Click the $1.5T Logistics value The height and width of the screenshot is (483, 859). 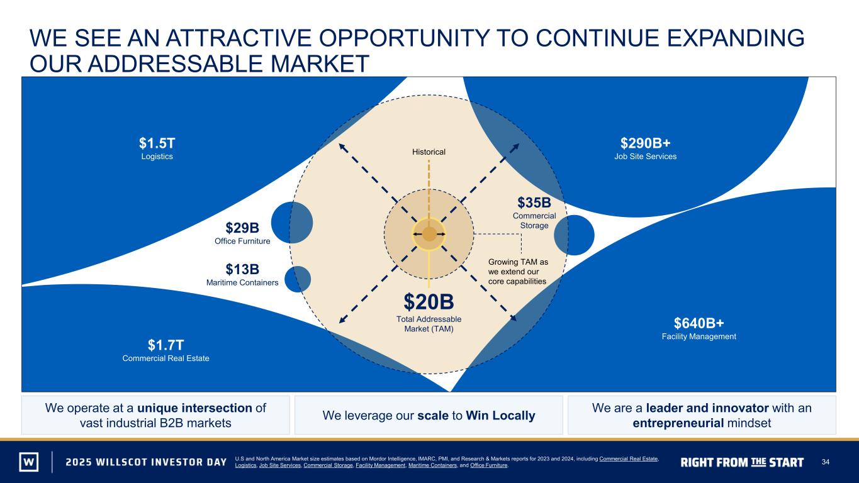click(157, 143)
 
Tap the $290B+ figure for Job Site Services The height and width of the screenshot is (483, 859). click(646, 143)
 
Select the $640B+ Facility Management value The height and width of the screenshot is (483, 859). click(699, 323)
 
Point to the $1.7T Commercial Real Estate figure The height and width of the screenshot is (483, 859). click(166, 345)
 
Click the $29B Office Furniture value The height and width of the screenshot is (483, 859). click(242, 228)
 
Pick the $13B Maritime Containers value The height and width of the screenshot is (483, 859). click(242, 269)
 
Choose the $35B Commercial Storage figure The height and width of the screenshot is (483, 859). click(534, 203)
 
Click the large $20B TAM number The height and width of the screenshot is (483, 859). click(429, 302)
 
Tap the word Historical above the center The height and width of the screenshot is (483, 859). click(429, 152)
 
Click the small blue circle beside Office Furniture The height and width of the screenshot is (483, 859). click(292, 223)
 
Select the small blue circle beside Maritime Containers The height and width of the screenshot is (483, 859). click(298, 279)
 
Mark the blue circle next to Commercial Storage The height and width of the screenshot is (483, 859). click(574, 235)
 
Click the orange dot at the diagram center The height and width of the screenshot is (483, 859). click(429, 234)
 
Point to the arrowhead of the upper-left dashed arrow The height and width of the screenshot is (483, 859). click(341, 146)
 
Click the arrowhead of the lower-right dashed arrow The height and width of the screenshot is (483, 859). click(514, 319)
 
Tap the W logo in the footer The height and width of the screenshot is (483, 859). click(29, 462)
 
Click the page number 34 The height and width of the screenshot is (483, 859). click(825, 462)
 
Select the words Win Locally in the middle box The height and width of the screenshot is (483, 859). click(500, 416)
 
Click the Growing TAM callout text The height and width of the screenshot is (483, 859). click(518, 272)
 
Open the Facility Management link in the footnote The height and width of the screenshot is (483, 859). click(380, 465)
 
